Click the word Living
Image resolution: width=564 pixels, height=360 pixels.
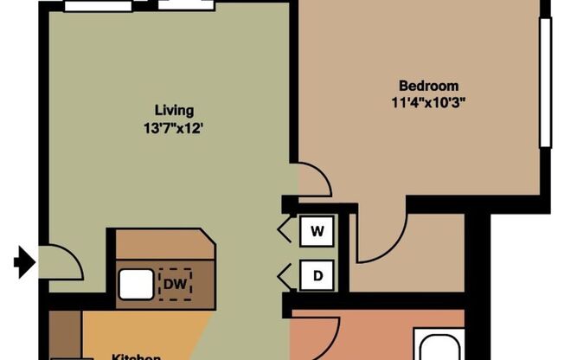coord(174,110)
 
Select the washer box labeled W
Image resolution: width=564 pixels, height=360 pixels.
coord(317,231)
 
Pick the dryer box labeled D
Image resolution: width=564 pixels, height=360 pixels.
coord(317,276)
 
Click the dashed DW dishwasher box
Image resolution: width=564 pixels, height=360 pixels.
coord(176,283)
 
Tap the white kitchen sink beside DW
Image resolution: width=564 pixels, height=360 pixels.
coord(136,283)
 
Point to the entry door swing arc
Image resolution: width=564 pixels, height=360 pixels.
coord(63,261)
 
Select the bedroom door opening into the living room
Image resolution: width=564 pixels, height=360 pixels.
coord(313,179)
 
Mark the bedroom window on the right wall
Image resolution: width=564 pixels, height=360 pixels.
coord(545,82)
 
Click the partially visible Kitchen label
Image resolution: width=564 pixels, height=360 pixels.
coord(137,355)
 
